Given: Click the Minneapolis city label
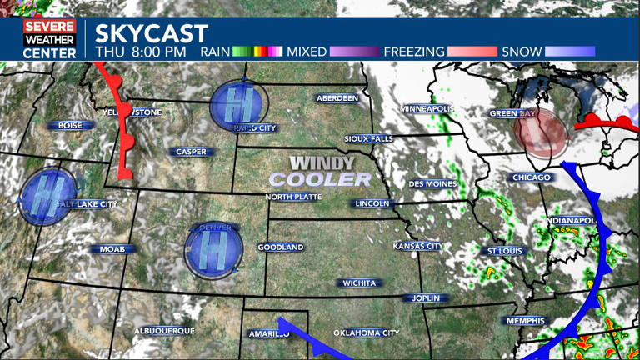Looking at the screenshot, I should [x=427, y=109].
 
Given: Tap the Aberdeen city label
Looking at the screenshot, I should [x=337, y=98].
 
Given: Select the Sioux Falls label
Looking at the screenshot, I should [x=367, y=138].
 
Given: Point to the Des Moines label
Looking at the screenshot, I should [x=432, y=183].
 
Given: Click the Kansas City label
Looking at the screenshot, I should [x=417, y=246].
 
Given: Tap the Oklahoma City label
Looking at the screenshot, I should [x=367, y=333].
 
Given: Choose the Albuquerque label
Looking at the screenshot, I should [x=165, y=331].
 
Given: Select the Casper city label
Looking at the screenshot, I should [x=192, y=152].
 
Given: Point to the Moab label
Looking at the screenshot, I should [x=112, y=249].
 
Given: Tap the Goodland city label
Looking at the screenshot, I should [x=281, y=247].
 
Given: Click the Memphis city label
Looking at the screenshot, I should [x=525, y=321].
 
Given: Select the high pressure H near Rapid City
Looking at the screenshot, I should [x=239, y=105].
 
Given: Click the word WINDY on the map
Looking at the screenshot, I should [x=322, y=163].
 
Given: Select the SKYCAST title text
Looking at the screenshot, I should [x=151, y=34].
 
